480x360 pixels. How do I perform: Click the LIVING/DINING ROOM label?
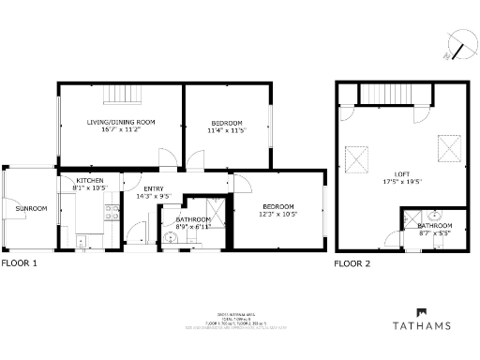point(121,123)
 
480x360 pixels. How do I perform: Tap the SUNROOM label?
point(31,208)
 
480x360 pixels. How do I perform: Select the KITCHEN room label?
point(90,180)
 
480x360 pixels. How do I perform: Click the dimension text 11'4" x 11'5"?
point(226,130)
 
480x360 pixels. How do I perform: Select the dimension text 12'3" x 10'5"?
point(277,215)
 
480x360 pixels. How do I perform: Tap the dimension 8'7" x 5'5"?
point(434,233)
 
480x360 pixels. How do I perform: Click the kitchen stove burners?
point(82,242)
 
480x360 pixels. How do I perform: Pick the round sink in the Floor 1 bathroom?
point(169,237)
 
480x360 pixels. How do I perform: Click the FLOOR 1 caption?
point(19,263)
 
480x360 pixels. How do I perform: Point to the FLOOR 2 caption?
point(352,263)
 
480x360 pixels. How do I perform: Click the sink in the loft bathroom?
point(438,214)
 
